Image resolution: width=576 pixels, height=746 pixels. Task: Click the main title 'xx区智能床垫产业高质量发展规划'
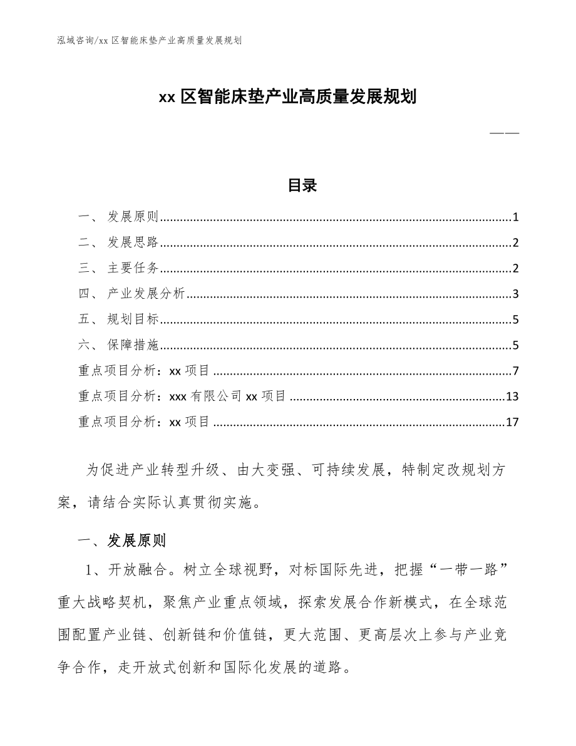click(287, 98)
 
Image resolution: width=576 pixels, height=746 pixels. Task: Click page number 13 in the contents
click(512, 396)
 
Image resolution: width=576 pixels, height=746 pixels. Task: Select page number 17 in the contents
click(512, 422)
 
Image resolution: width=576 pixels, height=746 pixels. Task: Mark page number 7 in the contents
click(515, 371)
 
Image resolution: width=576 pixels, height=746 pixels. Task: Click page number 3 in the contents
click(515, 294)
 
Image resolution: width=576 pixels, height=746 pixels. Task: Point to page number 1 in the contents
click(515, 218)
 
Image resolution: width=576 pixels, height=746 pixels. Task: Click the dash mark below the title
click(504, 133)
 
